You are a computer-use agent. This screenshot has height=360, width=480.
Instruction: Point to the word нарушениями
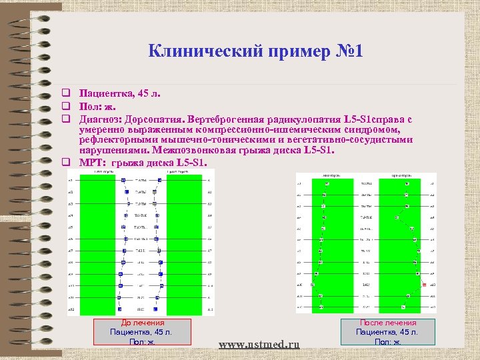[x=110, y=151]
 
